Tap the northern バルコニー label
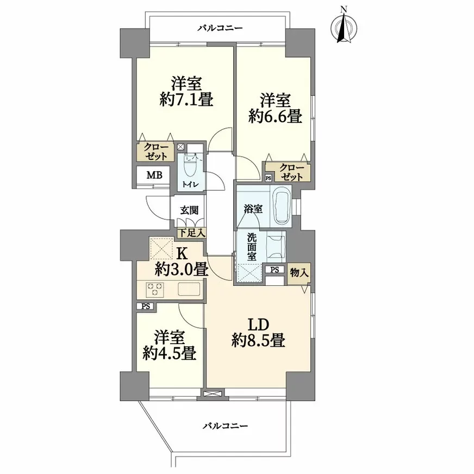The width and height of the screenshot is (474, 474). (x=220, y=28)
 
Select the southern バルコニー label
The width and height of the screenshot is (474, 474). (x=225, y=426)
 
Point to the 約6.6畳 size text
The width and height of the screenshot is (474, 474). (x=275, y=116)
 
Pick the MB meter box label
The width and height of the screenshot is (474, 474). (x=154, y=175)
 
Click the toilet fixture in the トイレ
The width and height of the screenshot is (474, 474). (x=190, y=166)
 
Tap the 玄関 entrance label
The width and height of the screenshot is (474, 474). (x=189, y=210)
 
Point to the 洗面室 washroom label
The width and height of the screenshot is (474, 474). (x=252, y=247)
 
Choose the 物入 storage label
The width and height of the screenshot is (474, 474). (x=299, y=273)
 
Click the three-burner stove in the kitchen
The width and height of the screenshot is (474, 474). (x=155, y=290)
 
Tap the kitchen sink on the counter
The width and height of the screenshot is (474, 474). (x=189, y=289)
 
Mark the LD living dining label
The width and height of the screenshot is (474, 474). (x=258, y=325)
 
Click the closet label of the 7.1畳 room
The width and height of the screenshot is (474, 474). (x=155, y=152)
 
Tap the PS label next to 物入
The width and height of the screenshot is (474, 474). (x=275, y=270)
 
